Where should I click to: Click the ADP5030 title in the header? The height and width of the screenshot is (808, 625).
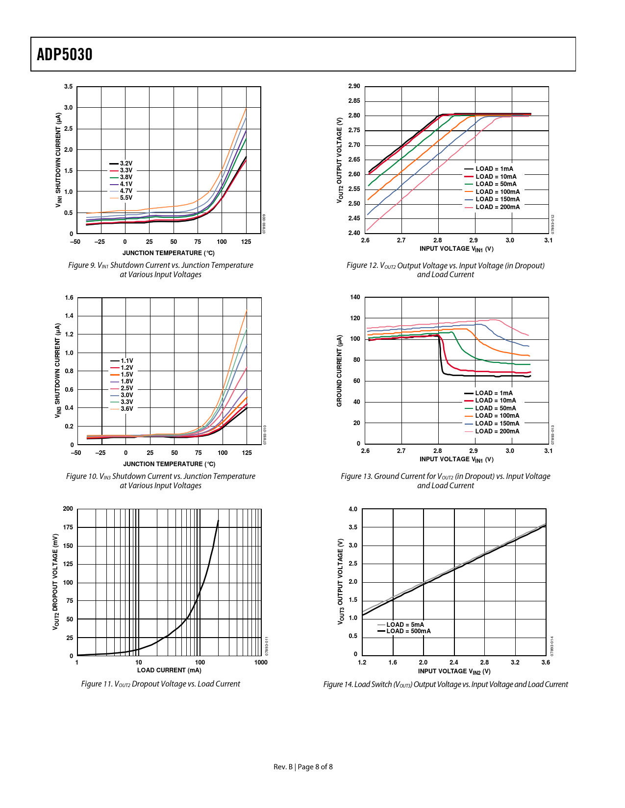[65, 54]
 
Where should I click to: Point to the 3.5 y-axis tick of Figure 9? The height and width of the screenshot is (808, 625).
[68, 87]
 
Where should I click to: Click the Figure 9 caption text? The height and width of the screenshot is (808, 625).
[161, 270]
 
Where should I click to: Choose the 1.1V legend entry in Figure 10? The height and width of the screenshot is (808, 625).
[127, 361]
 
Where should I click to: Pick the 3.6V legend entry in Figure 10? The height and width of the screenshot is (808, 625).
[127, 409]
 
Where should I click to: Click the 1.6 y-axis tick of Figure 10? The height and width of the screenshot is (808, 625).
[69, 298]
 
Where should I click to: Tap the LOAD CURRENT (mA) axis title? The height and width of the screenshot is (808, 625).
[169, 670]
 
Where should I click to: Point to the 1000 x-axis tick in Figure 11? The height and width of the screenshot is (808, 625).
[261, 663]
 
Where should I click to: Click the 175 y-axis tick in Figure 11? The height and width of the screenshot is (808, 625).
[68, 527]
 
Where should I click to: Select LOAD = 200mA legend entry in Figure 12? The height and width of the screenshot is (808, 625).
[497, 207]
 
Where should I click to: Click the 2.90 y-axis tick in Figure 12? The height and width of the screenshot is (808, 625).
[354, 86]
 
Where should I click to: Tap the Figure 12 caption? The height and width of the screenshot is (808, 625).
[445, 270]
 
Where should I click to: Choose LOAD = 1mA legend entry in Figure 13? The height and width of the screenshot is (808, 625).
[494, 393]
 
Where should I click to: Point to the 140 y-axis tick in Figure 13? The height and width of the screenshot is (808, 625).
[355, 297]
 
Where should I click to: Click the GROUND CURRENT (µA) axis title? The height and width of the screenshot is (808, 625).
[339, 371]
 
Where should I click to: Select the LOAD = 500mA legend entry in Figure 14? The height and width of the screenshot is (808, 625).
[408, 631]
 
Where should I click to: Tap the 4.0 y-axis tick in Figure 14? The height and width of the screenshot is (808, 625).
[353, 509]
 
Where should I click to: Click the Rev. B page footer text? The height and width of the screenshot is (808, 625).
[303, 767]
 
